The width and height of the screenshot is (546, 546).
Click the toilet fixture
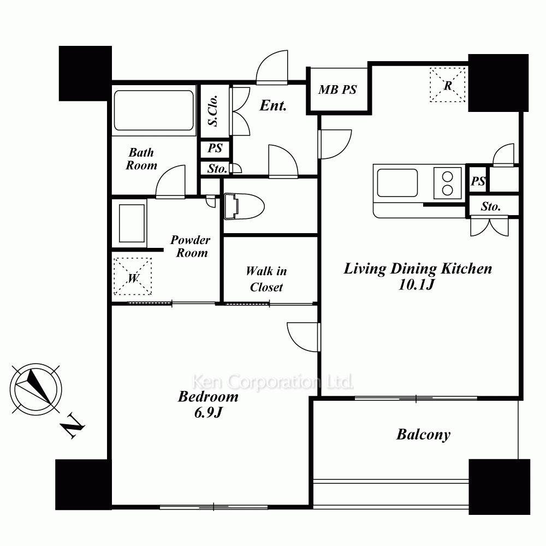(244, 206)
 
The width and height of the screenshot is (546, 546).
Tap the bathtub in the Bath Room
(153, 110)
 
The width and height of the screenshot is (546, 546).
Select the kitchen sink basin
(397, 183)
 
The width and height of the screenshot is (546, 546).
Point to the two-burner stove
(448, 183)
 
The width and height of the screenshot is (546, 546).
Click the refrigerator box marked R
(448, 85)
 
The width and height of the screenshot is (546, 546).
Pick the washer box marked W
(133, 276)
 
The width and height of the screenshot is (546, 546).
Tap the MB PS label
(337, 90)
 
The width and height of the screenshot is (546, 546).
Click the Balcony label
(424, 435)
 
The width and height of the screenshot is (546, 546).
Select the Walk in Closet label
(266, 279)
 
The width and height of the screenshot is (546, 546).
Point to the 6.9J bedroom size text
(208, 413)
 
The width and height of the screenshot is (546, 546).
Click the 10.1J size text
(417, 285)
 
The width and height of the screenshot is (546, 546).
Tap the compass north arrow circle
(36, 389)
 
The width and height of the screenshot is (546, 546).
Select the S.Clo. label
(213, 110)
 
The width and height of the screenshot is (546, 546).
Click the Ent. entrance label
(273, 105)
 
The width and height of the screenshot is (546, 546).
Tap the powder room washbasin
(132, 223)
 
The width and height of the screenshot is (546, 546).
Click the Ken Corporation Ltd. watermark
(272, 382)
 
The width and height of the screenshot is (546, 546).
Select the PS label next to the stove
(478, 181)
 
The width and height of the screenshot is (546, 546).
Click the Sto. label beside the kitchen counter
(491, 207)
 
